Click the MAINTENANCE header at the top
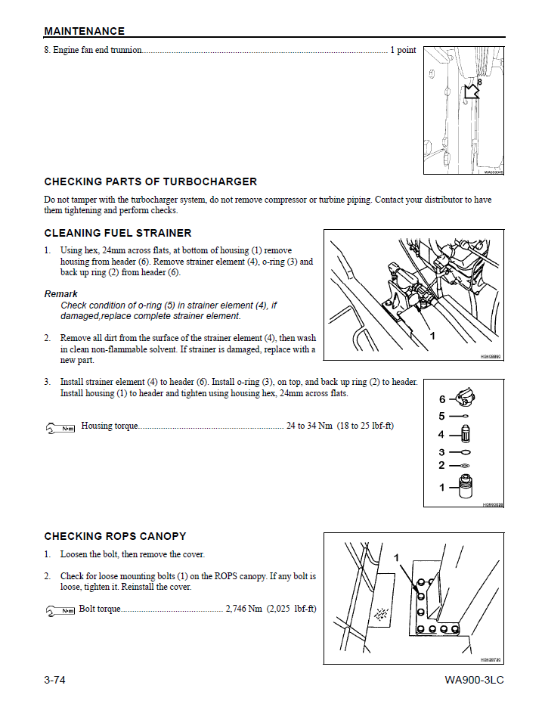pos(84,31)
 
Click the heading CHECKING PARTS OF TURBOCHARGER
pos(150,181)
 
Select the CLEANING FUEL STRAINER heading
pos(118,233)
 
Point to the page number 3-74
pos(54,680)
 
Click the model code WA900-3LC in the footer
pos(474,680)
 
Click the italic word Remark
pos(60,293)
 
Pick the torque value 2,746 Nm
pos(243,609)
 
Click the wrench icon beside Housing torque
pos(61,427)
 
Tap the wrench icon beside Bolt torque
pos(60,610)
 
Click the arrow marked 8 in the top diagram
pos(472,91)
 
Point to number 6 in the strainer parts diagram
pos(442,399)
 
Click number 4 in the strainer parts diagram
pos(441,435)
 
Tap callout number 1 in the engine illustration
pos(432,334)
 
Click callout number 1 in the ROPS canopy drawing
pos(396,557)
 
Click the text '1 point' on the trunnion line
pos(403,50)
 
